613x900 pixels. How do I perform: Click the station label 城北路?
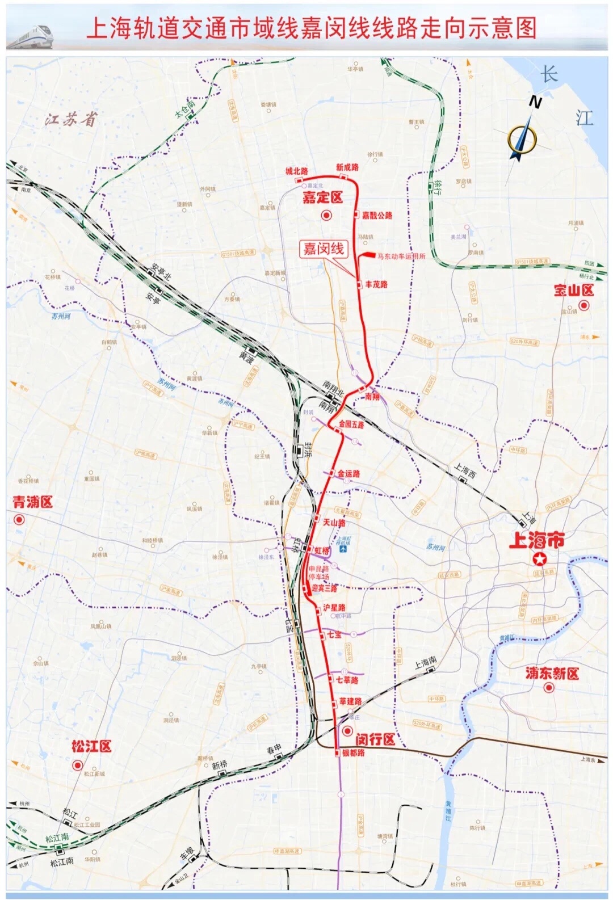tap(296, 171)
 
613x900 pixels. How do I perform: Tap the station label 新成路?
tap(347, 167)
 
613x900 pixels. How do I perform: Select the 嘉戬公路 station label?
tap(377, 216)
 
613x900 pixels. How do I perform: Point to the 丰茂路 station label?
tap(376, 284)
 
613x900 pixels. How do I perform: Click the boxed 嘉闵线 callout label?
tap(324, 249)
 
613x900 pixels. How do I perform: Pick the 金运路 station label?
tap(349, 473)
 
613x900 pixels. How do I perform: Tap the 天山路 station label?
tap(334, 522)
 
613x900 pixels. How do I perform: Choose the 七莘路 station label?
tap(347, 680)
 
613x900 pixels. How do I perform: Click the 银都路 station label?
tap(353, 752)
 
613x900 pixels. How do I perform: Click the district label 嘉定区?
tap(322, 198)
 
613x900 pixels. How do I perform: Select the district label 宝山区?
tap(573, 291)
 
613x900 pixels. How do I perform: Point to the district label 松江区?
tap(91, 746)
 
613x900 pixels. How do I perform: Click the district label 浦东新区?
tap(552, 674)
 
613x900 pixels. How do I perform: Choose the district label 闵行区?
tap(375, 739)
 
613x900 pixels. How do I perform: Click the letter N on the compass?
tap(534, 102)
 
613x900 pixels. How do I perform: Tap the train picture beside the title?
tap(30, 36)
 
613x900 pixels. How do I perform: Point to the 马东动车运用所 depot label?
tap(401, 256)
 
